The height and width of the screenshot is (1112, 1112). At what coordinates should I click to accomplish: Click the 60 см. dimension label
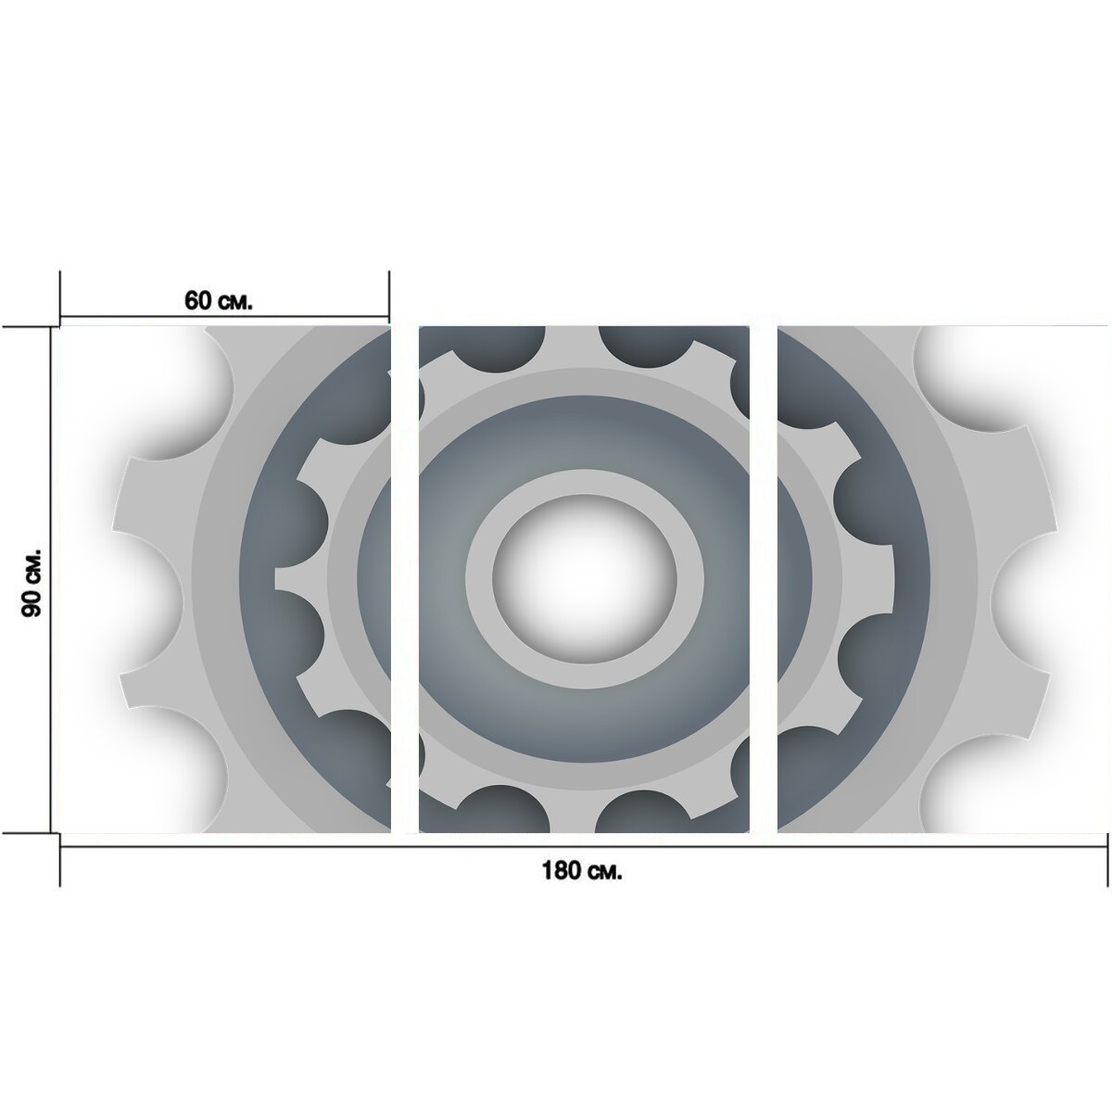(218, 300)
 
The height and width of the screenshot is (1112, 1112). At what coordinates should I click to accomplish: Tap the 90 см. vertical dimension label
(32, 582)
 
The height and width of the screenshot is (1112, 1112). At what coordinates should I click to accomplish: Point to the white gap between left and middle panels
(405, 579)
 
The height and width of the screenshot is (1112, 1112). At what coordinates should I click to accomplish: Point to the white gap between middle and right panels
(764, 579)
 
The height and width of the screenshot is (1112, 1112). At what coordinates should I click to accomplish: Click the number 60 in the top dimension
(196, 300)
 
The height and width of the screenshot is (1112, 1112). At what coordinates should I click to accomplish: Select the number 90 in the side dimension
(32, 603)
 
